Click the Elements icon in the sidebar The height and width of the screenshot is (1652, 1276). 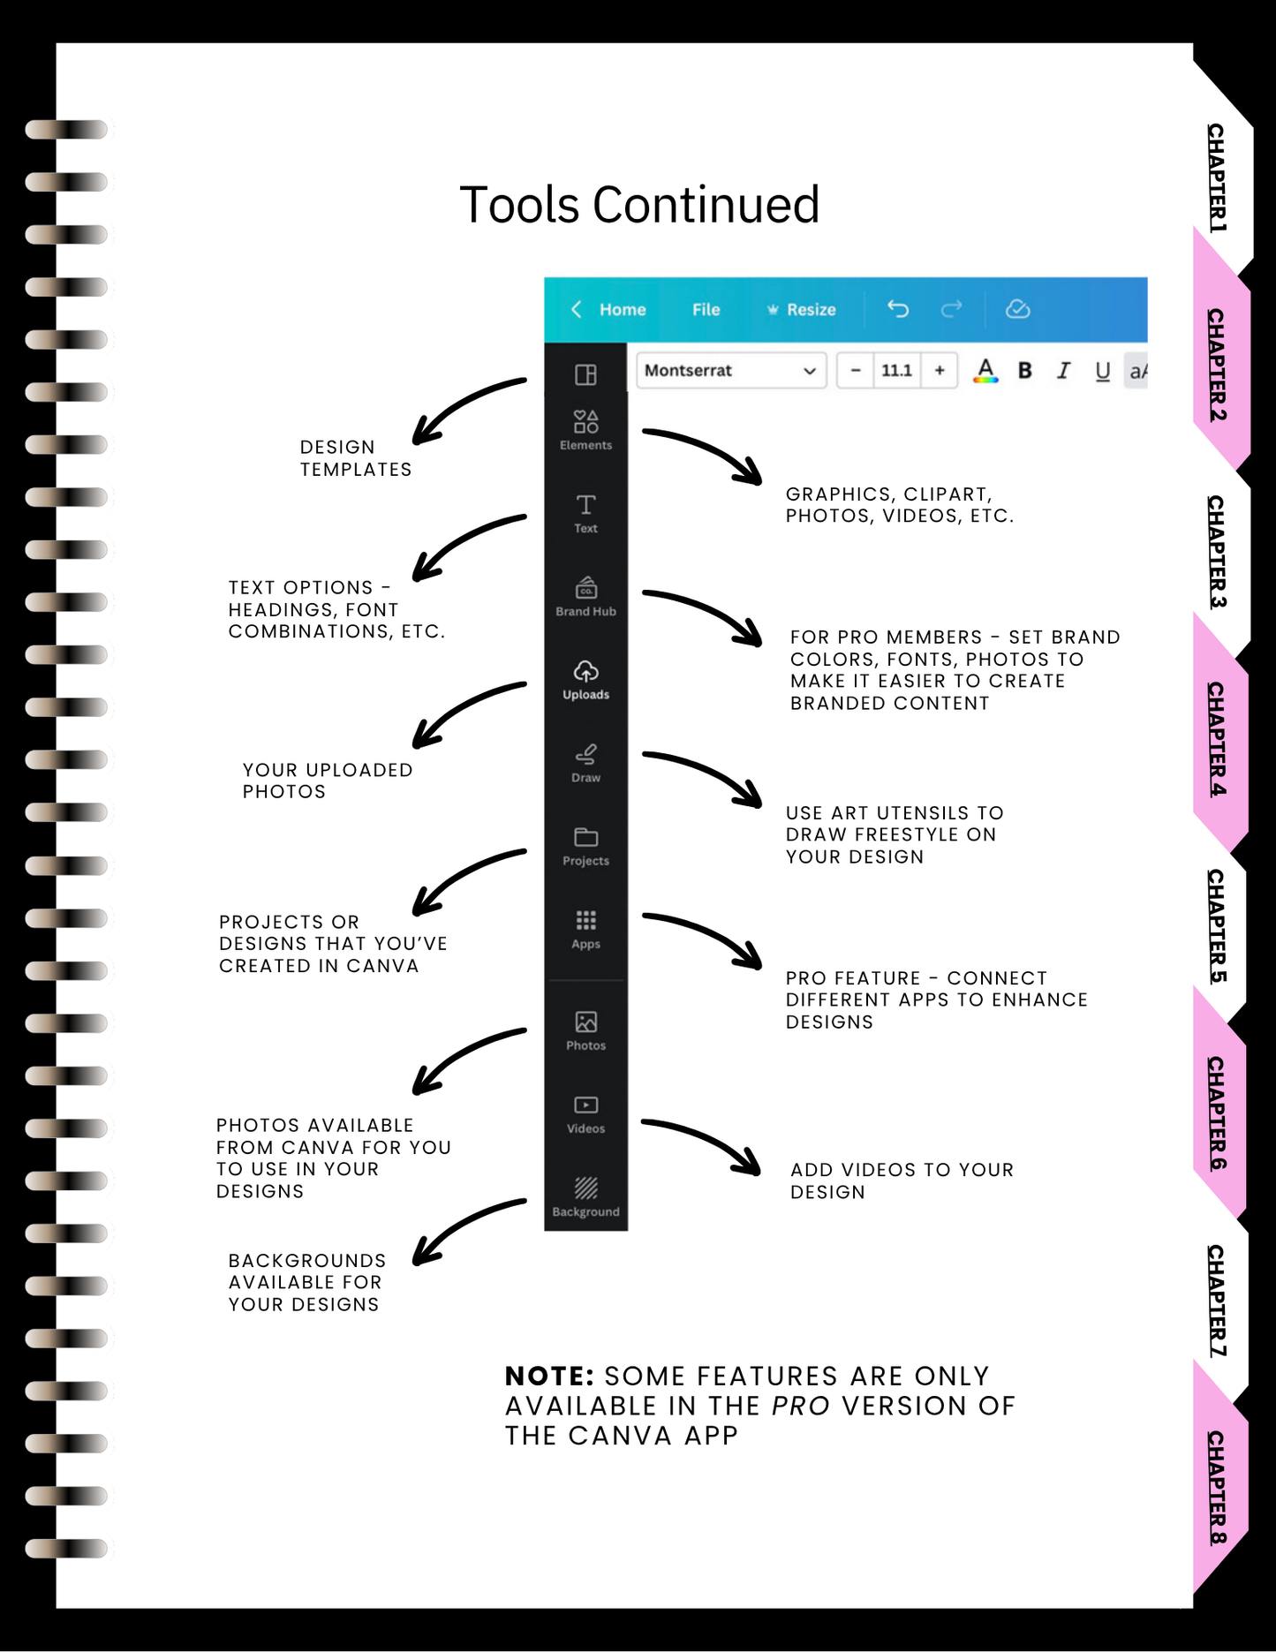585,421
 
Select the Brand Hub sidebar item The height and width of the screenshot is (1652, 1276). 585,597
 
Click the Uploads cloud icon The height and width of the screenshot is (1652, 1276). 585,671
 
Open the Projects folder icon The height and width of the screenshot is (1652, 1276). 585,836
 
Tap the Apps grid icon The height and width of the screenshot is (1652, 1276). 585,921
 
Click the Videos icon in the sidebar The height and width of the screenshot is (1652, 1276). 585,1105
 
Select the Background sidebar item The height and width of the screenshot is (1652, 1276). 585,1197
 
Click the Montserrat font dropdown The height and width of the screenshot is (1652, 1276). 731,371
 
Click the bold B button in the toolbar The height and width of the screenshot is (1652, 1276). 1024,371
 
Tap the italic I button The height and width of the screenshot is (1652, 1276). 1064,371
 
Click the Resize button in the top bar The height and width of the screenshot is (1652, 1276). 801,310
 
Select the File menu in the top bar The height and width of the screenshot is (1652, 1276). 706,310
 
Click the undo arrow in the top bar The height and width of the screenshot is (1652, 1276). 898,309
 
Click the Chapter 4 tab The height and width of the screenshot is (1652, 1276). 1219,739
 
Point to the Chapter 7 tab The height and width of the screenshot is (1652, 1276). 1219,1301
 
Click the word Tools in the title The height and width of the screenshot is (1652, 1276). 519,205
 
